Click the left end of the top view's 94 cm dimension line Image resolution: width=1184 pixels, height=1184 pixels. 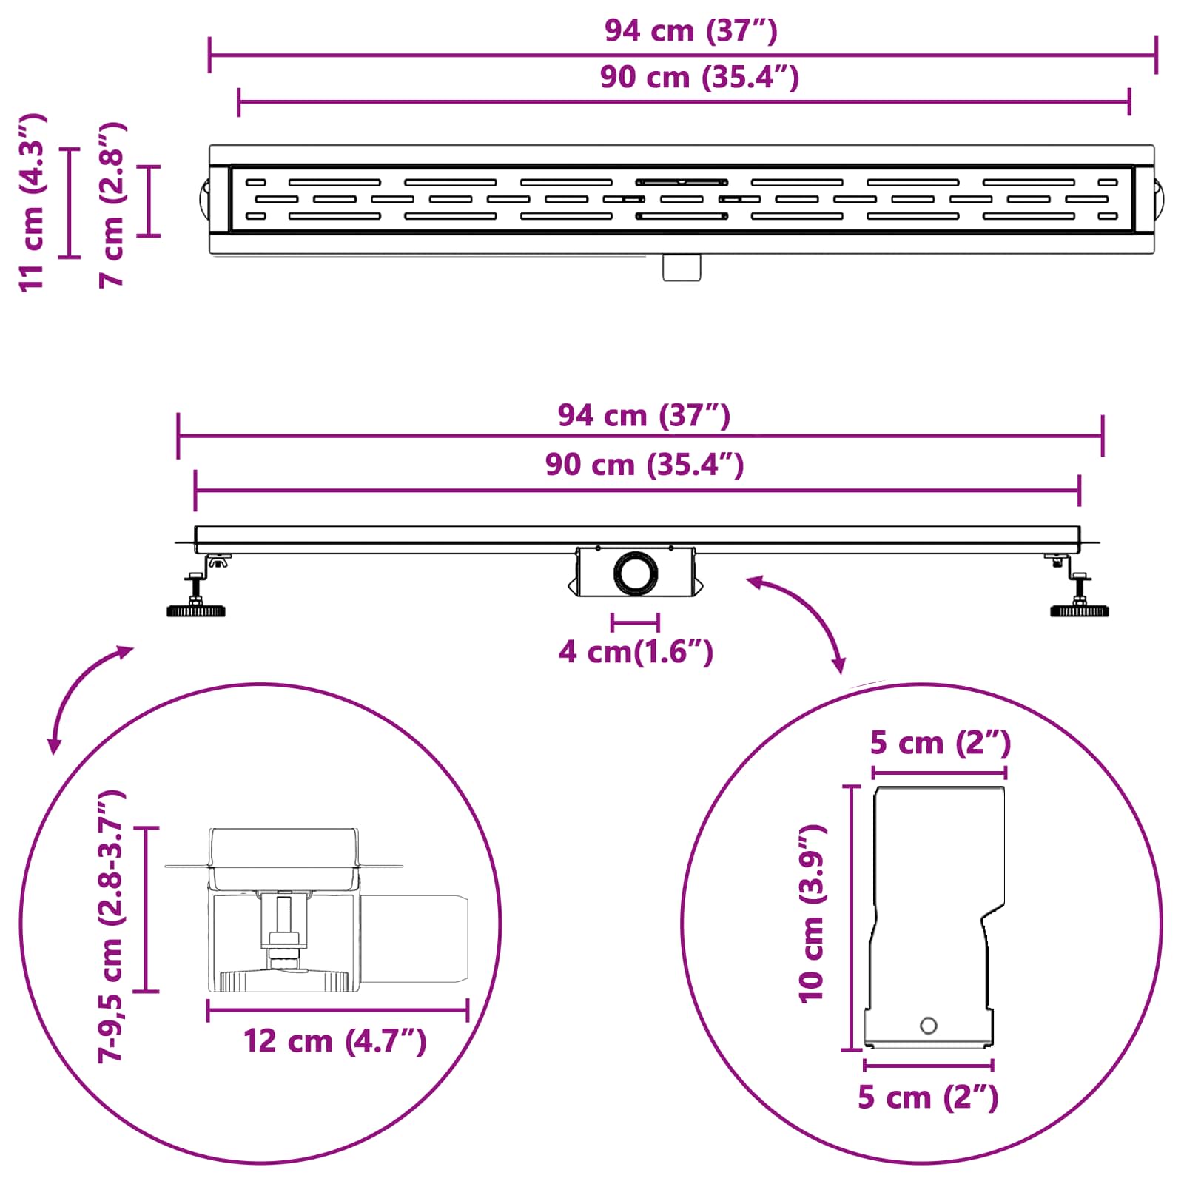click(x=209, y=55)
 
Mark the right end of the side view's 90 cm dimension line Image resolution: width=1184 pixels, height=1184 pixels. click(x=1080, y=490)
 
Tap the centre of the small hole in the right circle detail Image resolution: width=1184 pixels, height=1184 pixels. click(x=928, y=1026)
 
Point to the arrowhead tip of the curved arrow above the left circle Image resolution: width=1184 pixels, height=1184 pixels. click(x=133, y=647)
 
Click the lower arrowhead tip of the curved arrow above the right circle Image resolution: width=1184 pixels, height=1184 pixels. click(x=841, y=673)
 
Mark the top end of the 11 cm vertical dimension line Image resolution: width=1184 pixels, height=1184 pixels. click(x=70, y=149)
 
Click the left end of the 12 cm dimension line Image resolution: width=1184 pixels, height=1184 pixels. click(x=208, y=1010)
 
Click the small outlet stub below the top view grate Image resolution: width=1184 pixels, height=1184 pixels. click(x=682, y=267)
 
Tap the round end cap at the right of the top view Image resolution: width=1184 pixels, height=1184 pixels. click(x=1160, y=198)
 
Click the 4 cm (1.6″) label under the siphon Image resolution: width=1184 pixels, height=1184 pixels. click(x=636, y=652)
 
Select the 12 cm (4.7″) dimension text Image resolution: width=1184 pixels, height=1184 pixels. click(x=335, y=1041)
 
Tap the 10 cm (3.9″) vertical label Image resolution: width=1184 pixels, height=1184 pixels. click(x=812, y=914)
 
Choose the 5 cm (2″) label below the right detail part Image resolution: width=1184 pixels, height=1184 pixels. click(x=928, y=1097)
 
